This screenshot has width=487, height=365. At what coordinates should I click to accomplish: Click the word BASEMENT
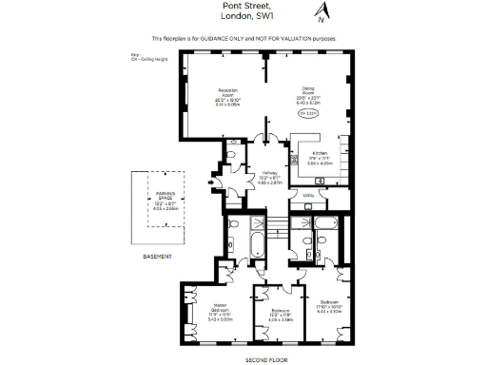tap(158, 258)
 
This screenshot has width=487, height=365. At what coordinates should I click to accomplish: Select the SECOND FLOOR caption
tap(265, 359)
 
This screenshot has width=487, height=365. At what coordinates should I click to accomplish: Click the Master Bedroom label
tap(220, 312)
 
